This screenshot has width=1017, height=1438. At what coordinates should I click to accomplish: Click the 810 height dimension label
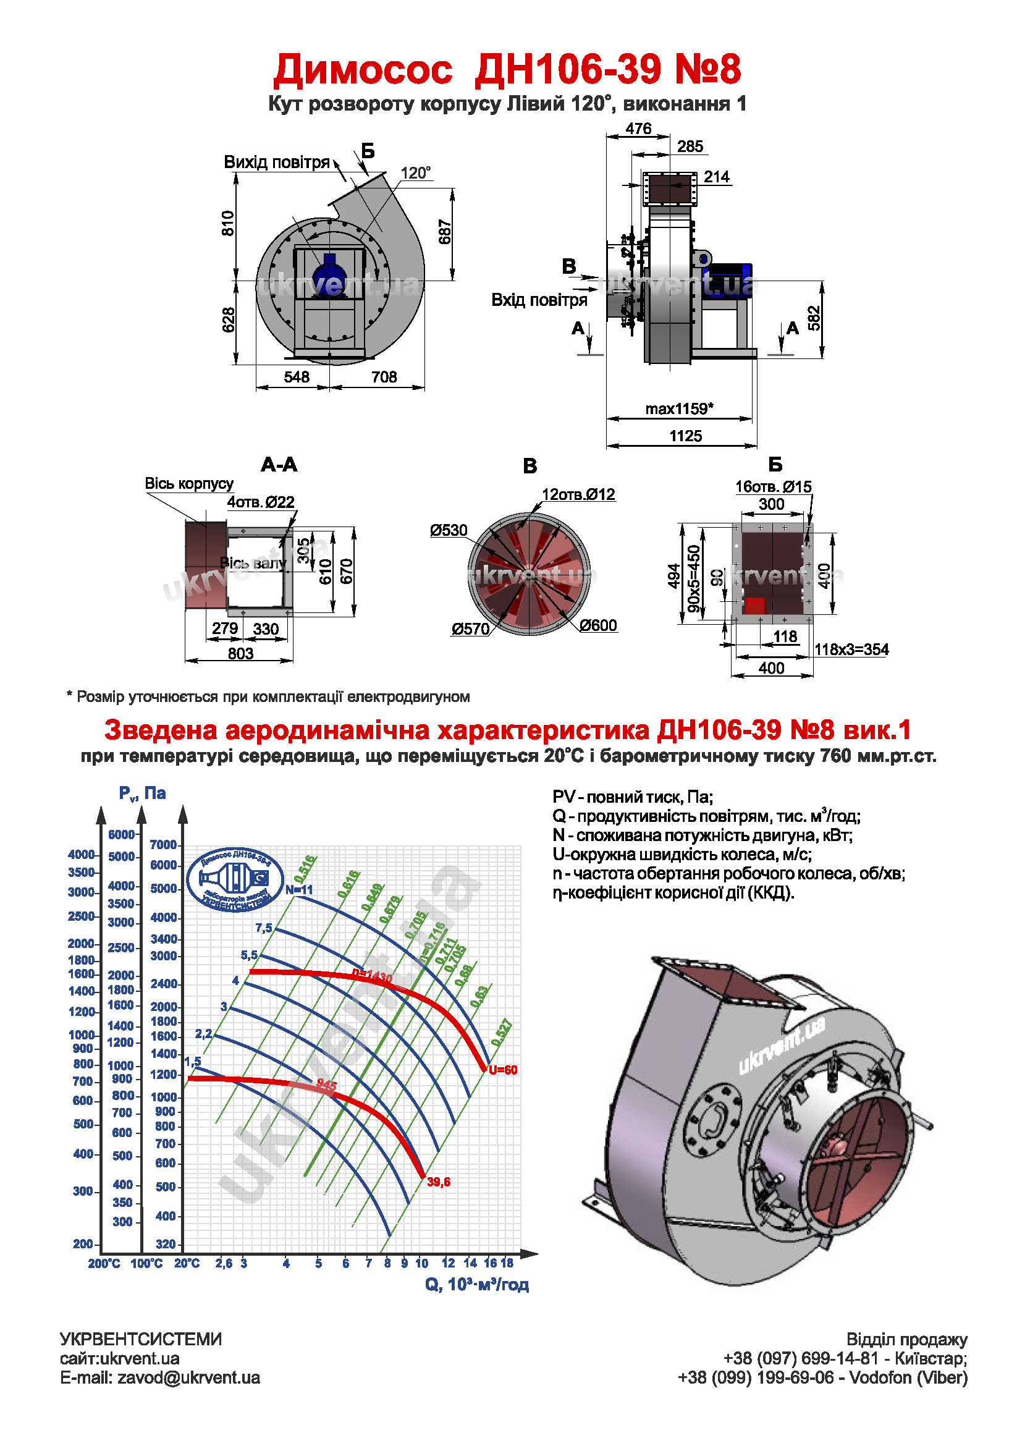228,224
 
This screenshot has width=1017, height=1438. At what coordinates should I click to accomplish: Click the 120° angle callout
416,173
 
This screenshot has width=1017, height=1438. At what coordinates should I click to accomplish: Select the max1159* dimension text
680,409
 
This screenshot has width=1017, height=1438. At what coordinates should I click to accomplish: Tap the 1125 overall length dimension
686,436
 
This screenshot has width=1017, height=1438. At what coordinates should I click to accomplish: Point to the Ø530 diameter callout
449,530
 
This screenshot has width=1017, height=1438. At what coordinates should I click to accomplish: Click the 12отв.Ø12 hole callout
579,494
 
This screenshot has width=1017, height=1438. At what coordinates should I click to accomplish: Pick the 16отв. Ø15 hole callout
773,486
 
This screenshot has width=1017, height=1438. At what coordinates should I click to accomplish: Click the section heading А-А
279,465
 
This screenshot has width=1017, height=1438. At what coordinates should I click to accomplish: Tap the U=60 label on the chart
503,1070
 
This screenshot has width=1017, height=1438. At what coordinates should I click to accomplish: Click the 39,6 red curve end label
438,1182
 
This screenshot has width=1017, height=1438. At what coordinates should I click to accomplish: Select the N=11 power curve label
298,889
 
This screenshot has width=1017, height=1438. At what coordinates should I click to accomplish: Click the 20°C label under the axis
187,1263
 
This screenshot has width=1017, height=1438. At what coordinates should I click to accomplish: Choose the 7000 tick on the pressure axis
164,844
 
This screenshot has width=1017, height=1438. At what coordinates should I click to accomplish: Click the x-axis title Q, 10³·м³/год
476,1285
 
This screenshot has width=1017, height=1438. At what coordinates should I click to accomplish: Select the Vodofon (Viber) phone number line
822,1377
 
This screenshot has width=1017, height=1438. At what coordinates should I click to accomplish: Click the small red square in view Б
754,605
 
